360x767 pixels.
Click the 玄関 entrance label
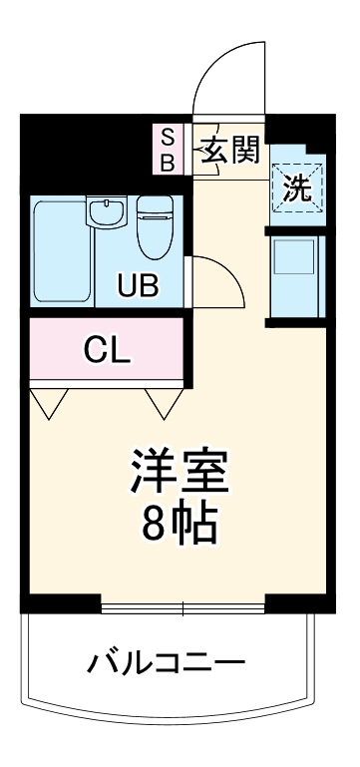tap(232, 151)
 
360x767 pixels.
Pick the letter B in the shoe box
tap(169, 161)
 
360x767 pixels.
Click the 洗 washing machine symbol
tap(297, 187)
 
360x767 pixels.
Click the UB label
tap(139, 286)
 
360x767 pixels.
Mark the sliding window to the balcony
tap(183, 607)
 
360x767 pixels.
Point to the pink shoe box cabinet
tap(169, 149)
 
